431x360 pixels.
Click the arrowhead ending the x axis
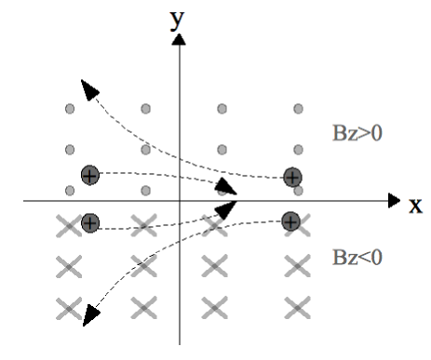395,200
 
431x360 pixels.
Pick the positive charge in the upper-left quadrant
89,175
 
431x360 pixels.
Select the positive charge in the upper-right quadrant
292,177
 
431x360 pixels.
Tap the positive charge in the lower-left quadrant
89,222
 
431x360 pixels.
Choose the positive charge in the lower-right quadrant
290,221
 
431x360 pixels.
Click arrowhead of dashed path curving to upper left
89,89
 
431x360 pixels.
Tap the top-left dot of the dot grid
70,110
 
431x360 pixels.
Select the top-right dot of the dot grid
298,110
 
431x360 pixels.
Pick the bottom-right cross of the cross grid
296,305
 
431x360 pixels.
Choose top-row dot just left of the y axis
146,110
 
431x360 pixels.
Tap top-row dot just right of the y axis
222,110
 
